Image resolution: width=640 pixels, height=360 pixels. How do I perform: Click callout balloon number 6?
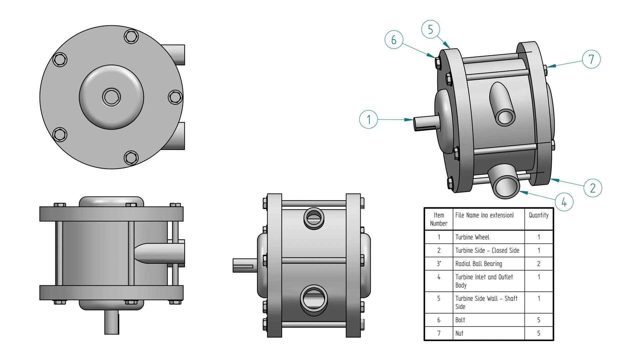click(x=394, y=40)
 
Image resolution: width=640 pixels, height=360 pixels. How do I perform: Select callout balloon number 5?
click(x=430, y=29)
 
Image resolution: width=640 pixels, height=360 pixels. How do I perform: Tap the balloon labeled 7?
click(x=591, y=59)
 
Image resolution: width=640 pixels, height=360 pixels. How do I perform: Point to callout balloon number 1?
click(x=369, y=119)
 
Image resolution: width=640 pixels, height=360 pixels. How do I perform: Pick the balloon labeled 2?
click(x=593, y=188)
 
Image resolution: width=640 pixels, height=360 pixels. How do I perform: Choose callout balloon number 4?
click(x=564, y=202)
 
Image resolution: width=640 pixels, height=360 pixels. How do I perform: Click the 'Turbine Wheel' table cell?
click(x=488, y=237)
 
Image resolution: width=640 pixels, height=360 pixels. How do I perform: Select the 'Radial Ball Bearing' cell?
click(x=488, y=264)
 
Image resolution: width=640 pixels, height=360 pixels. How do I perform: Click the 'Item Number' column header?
click(x=438, y=219)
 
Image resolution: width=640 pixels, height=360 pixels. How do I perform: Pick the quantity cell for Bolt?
click(x=539, y=320)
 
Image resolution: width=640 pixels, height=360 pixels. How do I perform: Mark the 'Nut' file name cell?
click(x=488, y=333)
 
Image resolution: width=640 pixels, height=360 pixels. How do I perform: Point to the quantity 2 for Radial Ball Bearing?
click(x=539, y=264)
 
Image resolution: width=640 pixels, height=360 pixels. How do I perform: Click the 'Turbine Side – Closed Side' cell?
click(x=488, y=250)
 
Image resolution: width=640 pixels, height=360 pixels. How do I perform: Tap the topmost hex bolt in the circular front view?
click(x=131, y=36)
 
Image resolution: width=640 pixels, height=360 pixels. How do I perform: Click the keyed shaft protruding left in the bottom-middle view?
click(x=245, y=266)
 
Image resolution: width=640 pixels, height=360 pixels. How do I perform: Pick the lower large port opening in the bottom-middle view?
click(x=313, y=298)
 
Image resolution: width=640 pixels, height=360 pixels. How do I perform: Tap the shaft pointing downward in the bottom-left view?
click(x=111, y=322)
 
